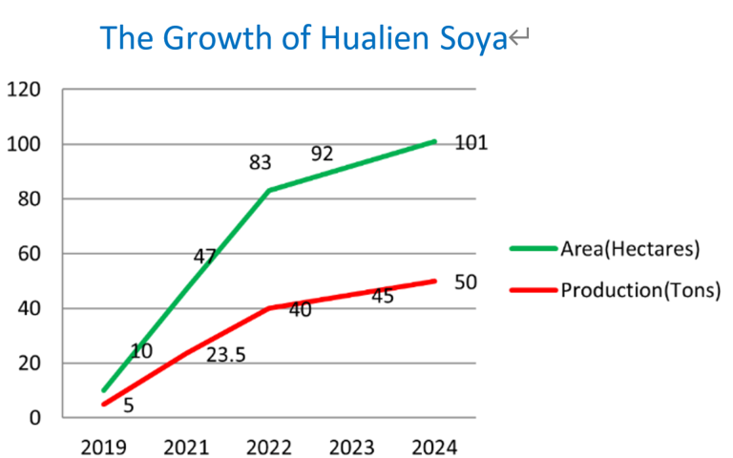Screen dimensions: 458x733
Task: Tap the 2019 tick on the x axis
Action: click(103, 447)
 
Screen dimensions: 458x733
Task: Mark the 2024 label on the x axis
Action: click(435, 447)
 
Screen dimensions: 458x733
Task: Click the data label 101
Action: click(471, 144)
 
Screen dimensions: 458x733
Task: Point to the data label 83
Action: click(261, 163)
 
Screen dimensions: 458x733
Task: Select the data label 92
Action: click(322, 153)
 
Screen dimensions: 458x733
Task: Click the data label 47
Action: click(204, 256)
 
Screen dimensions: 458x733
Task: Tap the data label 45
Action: click(383, 296)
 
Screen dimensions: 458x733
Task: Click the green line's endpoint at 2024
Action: click(435, 141)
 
